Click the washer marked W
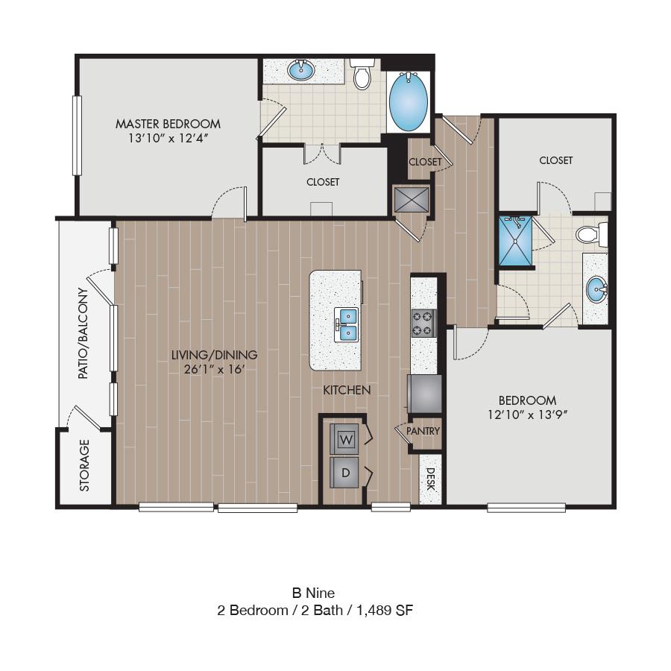(344, 438)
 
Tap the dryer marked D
(344, 473)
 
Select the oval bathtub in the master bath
(409, 102)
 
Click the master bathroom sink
(301, 70)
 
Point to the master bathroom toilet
(362, 74)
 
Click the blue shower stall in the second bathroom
(516, 241)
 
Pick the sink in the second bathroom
(597, 290)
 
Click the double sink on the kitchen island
(346, 324)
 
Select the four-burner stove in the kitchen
(423, 324)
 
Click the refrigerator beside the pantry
(424, 394)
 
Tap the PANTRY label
(423, 431)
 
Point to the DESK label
(430, 479)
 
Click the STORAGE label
(84, 465)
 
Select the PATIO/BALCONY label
(83, 333)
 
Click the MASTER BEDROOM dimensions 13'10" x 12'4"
(168, 138)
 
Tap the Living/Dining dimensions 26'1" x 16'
(214, 369)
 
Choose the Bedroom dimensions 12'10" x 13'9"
(527, 415)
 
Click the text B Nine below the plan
(313, 593)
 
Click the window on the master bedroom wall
(77, 135)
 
